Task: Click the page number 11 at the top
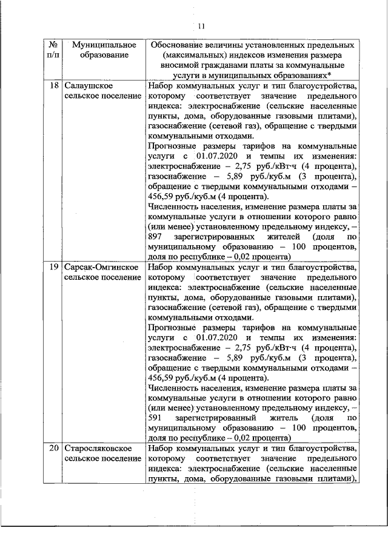tap(202, 25)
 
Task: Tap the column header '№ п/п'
tap(53, 50)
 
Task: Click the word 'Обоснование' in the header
tap(178, 45)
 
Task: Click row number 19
tap(53, 266)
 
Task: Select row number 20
tap(53, 448)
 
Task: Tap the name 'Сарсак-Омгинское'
tap(102, 266)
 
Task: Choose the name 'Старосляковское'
tap(99, 448)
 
